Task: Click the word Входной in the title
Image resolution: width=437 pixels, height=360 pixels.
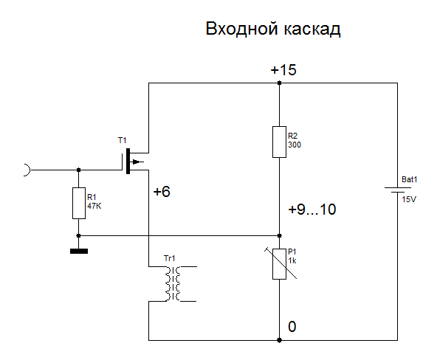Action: [x=242, y=29]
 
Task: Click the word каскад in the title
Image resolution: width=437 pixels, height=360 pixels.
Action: [x=312, y=30]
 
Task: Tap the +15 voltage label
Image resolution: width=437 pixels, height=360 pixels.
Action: [x=283, y=69]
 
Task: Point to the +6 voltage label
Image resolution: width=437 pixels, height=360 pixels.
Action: [x=162, y=192]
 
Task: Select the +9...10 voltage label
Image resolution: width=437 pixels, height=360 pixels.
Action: [x=312, y=210]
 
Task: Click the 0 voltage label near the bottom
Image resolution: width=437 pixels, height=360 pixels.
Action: [x=292, y=327]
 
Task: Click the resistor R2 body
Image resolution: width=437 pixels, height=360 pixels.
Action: [x=279, y=142]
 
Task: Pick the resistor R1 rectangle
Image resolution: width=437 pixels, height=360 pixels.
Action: [x=79, y=204]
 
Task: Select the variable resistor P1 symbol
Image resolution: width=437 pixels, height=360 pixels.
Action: [x=279, y=263]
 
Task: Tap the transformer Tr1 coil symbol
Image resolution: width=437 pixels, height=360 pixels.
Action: [x=173, y=284]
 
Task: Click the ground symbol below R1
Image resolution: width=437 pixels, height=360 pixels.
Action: [x=79, y=251]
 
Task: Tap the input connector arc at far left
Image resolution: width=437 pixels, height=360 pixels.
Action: [x=27, y=170]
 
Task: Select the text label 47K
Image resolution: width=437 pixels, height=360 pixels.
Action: [x=94, y=207]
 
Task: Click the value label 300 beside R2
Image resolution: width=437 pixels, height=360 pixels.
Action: [x=295, y=145]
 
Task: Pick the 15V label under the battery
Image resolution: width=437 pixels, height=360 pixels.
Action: [x=409, y=199]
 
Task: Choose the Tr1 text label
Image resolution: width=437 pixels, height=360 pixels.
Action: [x=170, y=258]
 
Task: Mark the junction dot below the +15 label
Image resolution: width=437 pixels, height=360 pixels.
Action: [x=279, y=83]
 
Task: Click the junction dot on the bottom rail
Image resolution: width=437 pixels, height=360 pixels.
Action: [x=279, y=340]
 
